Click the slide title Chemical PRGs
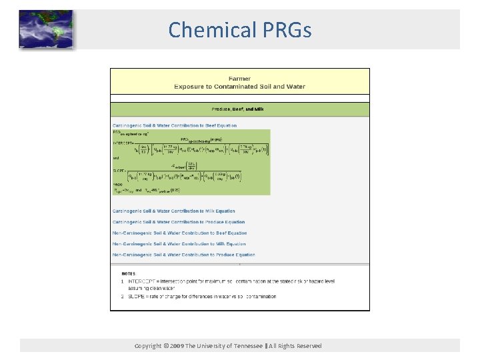click(239, 30)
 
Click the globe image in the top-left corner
click(45, 30)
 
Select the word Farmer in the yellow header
click(239, 79)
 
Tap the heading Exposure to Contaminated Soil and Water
click(239, 87)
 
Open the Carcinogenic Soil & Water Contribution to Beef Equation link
click(174, 125)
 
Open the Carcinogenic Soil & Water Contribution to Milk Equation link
click(173, 211)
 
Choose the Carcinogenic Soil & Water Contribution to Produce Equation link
click(178, 222)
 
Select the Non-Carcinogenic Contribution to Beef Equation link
click(179, 233)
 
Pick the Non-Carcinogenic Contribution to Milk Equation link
click(179, 244)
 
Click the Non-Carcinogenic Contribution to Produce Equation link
click(183, 255)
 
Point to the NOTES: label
click(129, 273)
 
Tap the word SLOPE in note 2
click(136, 297)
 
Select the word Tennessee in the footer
click(246, 346)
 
